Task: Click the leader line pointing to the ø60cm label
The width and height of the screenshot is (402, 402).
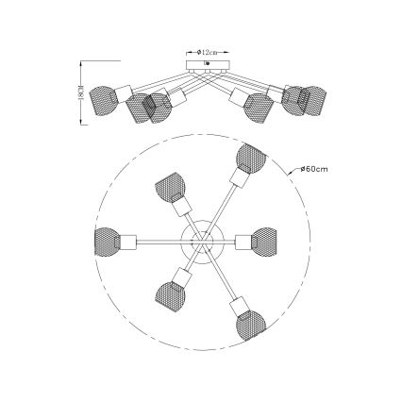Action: (286, 172)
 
